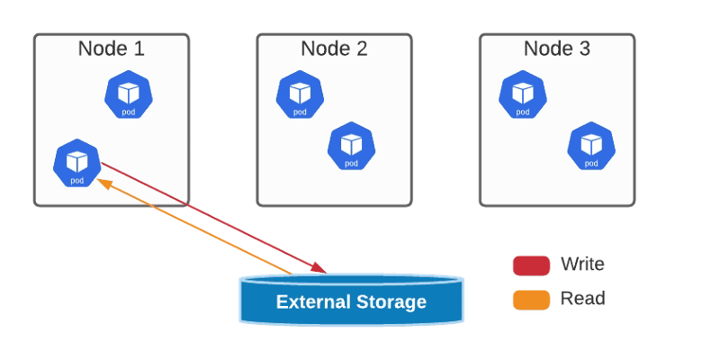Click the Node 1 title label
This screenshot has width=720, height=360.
(x=112, y=49)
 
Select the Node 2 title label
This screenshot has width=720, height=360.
(x=334, y=49)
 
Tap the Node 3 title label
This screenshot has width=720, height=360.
(x=557, y=49)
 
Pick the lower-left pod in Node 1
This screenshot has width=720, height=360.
(x=77, y=163)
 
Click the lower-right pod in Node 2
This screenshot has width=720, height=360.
(x=351, y=146)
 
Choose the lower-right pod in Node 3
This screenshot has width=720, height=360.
(x=590, y=146)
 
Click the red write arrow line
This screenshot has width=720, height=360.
(x=216, y=218)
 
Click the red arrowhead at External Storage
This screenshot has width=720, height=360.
(x=317, y=266)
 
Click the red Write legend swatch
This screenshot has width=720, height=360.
(x=531, y=265)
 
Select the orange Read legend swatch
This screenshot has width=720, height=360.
(x=531, y=299)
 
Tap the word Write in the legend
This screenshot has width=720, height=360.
(x=582, y=265)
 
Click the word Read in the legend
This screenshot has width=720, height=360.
(x=582, y=299)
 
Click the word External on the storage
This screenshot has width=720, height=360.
(x=314, y=301)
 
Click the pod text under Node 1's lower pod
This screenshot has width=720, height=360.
(x=77, y=181)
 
